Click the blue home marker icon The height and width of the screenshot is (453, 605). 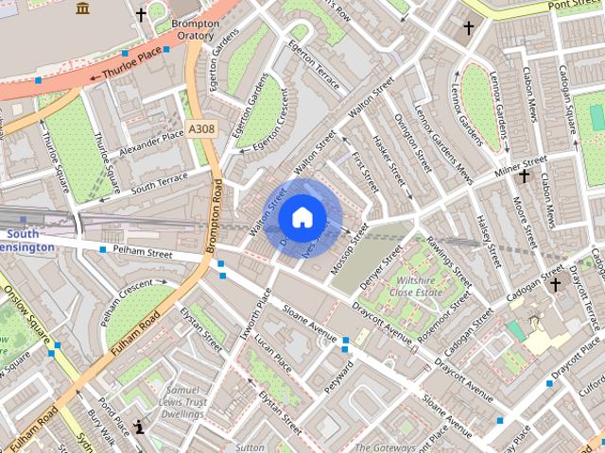click(302, 218)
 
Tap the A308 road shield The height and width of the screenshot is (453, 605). click(201, 129)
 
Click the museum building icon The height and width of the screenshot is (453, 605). click(82, 8)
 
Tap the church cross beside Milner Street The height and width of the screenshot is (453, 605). click(524, 176)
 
